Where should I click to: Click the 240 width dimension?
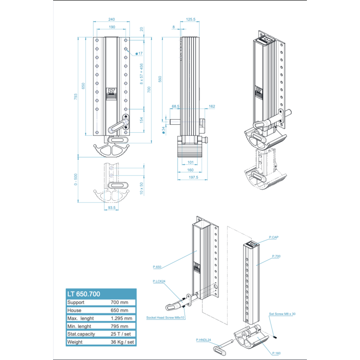click(112, 19)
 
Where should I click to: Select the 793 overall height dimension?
click(76, 97)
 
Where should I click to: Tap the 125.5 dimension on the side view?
click(190, 19)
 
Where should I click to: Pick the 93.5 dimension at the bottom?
click(112, 208)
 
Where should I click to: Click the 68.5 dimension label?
click(175, 107)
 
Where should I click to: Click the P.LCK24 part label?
click(159, 281)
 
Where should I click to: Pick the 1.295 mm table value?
click(121, 318)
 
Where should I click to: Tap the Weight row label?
click(75, 342)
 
